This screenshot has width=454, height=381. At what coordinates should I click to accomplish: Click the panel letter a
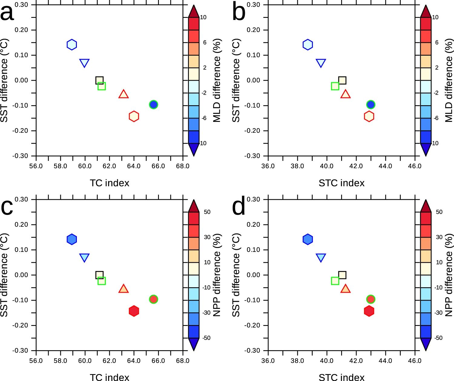pos(7,14)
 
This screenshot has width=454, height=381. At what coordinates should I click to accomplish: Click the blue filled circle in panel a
pos(153,105)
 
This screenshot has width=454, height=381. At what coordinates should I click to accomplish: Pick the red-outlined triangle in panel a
pos(123,94)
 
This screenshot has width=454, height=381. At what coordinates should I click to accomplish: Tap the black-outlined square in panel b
pos(342,80)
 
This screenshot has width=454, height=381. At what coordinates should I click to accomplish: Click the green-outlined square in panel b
pos(335,86)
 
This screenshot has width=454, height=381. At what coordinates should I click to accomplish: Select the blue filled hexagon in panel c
pos(72,239)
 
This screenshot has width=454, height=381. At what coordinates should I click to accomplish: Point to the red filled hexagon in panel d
pos(369,311)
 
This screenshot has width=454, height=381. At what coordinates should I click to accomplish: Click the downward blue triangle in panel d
pos(321,258)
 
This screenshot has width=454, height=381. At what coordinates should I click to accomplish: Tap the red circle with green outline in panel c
pos(153,299)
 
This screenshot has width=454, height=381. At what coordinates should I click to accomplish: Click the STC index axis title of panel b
pos(341,183)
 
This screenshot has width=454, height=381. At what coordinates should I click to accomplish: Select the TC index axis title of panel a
pos(110,183)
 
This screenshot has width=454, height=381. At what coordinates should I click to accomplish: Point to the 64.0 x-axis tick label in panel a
pos(134,166)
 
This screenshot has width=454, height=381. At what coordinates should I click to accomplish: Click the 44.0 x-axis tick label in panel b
pos(385,166)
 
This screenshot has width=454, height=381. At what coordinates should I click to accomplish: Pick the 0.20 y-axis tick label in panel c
pos(21,225)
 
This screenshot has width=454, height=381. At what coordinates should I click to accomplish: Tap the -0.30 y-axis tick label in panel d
pos(253,351)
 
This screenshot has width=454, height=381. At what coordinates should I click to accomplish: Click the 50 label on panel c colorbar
pos(207,212)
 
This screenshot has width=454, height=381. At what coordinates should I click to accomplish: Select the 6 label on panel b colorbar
pos(437,43)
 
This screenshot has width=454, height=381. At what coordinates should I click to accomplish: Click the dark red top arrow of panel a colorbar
pos(194,11)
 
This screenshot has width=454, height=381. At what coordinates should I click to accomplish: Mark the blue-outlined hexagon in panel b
pos(308,45)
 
